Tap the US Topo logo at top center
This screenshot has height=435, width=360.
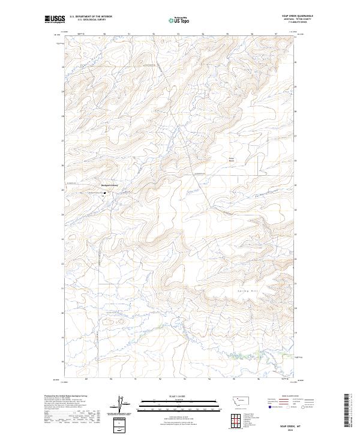pyautogui.click(x=181, y=19)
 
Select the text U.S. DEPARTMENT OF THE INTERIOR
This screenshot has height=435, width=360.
pyautogui.click(x=91, y=17)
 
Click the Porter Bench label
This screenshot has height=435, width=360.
pyautogui.click(x=232, y=160)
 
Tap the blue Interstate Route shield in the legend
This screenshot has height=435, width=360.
pyautogui.click(x=270, y=407)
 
